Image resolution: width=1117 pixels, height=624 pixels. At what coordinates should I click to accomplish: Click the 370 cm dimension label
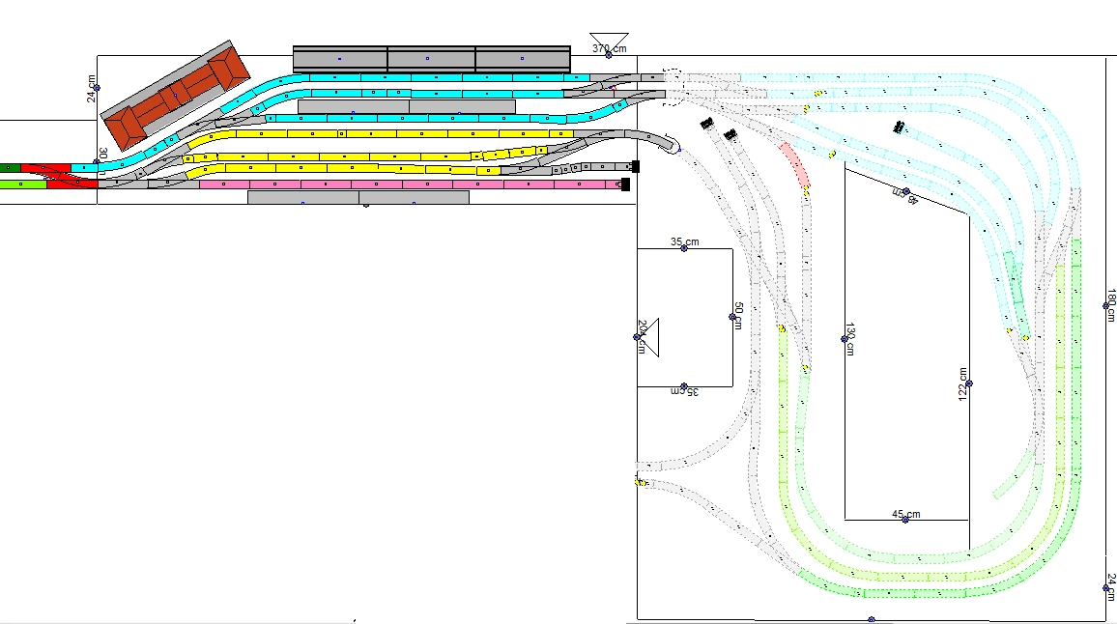pyautogui.click(x=609, y=48)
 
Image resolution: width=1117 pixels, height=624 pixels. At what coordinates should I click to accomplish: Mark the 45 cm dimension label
pyautogui.click(x=905, y=514)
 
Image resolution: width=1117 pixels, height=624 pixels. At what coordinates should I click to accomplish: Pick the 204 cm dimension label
pyautogui.click(x=641, y=335)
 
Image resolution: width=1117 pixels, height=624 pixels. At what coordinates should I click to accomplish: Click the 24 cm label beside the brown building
pyautogui.click(x=92, y=90)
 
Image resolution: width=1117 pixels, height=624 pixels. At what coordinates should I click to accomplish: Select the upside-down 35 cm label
pyautogui.click(x=684, y=391)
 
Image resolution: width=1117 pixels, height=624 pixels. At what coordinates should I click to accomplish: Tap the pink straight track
pyautogui.click(x=406, y=184)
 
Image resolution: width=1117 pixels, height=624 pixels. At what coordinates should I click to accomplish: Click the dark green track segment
pyautogui.click(x=11, y=168)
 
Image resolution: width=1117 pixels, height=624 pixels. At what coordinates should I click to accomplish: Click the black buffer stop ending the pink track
pyautogui.click(x=625, y=184)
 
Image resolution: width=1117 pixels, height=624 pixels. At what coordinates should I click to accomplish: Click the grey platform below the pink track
pyautogui.click(x=358, y=197)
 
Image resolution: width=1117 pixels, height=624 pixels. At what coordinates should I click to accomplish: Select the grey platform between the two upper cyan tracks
pyautogui.click(x=406, y=106)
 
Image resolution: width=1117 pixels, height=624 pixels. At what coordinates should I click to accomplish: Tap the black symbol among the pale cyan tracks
pyautogui.click(x=899, y=127)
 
